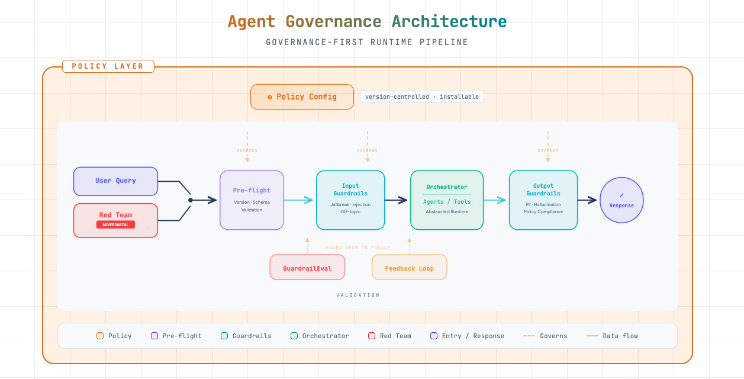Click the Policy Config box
point(302,97)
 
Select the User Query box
point(115,181)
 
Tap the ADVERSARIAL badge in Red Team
point(115,225)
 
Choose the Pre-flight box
point(252,200)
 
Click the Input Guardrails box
point(350,200)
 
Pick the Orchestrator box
point(447,200)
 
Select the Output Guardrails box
point(543,200)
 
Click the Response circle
point(621,200)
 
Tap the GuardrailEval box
point(307,268)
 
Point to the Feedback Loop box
point(409,268)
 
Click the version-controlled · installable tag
point(422,97)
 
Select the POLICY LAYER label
point(108,66)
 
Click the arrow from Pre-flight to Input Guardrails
point(299,200)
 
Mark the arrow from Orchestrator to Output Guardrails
point(495,200)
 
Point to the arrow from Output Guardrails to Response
point(588,200)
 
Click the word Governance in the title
point(333,22)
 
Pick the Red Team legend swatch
point(372,336)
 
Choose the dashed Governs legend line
point(529,336)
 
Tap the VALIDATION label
point(358,295)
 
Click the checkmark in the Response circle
point(621,195)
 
